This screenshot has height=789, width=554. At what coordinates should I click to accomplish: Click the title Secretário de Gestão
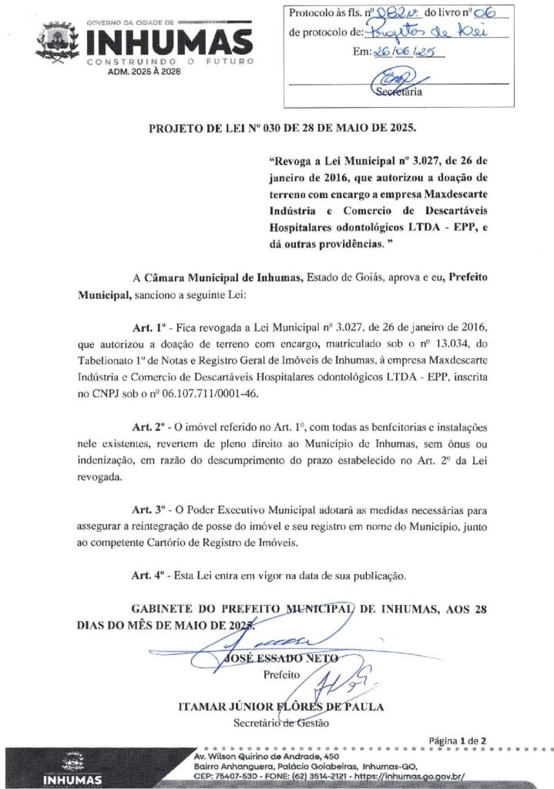tap(280, 723)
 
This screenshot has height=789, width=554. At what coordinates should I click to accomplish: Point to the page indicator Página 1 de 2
tap(458, 741)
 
